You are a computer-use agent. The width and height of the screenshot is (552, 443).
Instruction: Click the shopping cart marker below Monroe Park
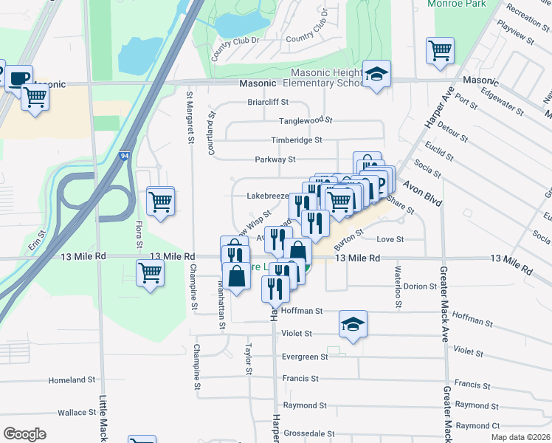click(x=440, y=50)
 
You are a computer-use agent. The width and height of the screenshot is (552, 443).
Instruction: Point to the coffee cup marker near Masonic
click(x=19, y=78)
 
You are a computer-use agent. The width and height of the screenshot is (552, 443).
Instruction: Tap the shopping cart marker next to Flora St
click(x=160, y=200)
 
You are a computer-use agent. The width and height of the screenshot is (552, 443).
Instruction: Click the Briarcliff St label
click(x=268, y=102)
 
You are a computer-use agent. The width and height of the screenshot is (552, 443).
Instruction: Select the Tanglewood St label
click(x=306, y=120)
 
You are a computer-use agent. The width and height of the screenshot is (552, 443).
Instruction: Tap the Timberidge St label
click(x=297, y=140)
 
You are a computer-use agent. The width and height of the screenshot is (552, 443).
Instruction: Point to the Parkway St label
click(x=275, y=159)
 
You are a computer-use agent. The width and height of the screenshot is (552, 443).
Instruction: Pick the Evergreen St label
click(x=305, y=357)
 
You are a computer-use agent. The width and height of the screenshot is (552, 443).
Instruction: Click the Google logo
click(x=24, y=433)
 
